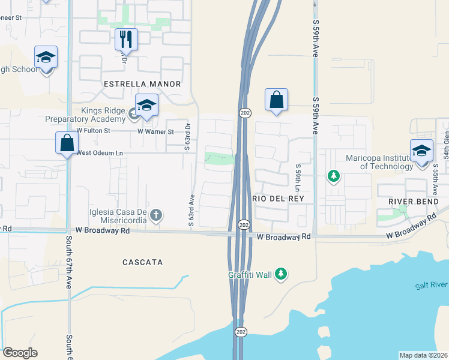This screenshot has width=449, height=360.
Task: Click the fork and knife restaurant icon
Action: (126, 40)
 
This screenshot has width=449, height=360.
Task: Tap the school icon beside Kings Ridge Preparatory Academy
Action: (146, 106)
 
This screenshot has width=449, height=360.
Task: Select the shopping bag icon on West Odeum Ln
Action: (67, 143)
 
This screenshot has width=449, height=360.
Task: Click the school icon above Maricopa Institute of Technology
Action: (421, 150)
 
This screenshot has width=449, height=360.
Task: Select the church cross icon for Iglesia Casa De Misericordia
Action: (155, 214)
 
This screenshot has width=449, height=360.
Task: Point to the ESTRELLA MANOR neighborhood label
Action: (142, 84)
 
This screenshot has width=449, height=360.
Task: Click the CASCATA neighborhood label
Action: (143, 262)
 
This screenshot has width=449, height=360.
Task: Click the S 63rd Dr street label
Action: (187, 137)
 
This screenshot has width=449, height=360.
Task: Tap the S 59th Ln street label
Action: (297, 175)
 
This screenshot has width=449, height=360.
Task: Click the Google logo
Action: (20, 353)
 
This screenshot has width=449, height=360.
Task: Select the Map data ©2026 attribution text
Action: (424, 355)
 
